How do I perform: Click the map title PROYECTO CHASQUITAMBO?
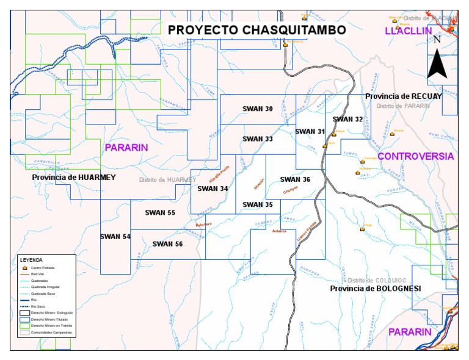click(x=256, y=30)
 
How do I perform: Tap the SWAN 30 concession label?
click(x=258, y=109)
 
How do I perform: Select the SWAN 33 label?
click(x=257, y=139)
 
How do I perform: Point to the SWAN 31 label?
click(x=310, y=132)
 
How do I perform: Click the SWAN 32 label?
click(x=348, y=120)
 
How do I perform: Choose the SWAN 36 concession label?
click(x=296, y=179)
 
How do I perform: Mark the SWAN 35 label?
click(x=258, y=204)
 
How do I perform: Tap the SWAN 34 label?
click(x=213, y=189)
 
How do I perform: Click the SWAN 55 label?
click(x=160, y=213)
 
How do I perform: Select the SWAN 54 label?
click(x=115, y=237)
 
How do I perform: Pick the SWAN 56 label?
click(x=167, y=244)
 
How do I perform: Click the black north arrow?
click(x=437, y=65)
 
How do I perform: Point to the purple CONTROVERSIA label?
click(x=415, y=157)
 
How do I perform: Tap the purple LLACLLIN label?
click(x=408, y=31)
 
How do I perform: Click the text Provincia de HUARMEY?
click(x=74, y=178)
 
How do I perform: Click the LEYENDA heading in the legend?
click(x=31, y=260)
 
